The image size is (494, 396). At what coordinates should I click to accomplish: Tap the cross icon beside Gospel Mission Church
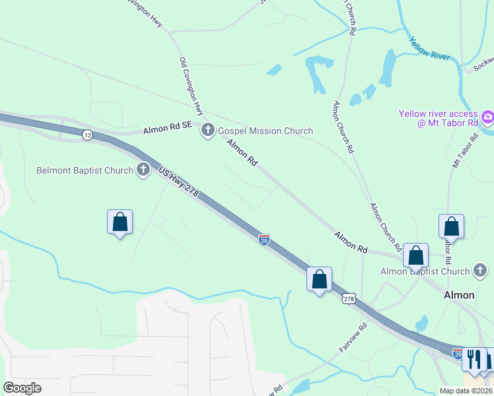tap(208, 130)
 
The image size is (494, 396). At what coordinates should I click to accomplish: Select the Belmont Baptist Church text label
tap(85, 170)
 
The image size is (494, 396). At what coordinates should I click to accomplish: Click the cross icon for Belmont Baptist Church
tap(143, 170)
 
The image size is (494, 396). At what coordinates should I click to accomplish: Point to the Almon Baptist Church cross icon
tap(480, 271)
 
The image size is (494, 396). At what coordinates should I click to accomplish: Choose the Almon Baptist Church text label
tap(425, 271)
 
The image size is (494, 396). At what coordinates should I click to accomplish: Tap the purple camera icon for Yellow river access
tap(488, 118)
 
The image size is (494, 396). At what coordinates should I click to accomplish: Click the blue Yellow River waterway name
tap(430, 48)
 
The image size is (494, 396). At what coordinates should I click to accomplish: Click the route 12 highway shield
tap(87, 135)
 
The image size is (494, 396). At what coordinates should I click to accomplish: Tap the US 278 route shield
tap(349, 299)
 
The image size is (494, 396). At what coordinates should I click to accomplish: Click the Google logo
tap(22, 388)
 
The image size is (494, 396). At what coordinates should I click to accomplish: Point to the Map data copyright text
tap(465, 391)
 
